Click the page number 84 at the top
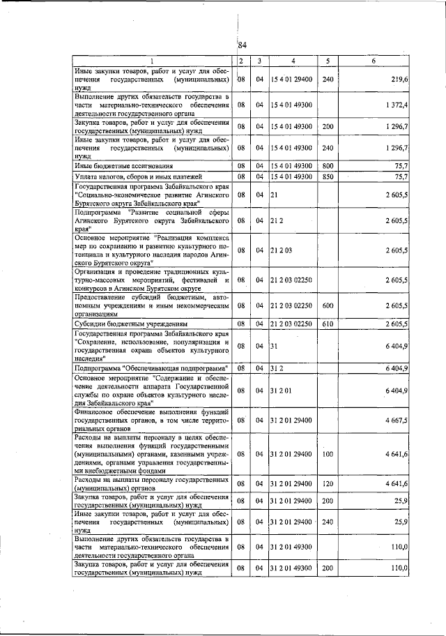[x=243, y=45]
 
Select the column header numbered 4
[x=293, y=61]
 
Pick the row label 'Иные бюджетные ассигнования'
[x=114, y=166]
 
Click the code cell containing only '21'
[x=275, y=195]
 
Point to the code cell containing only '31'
[x=275, y=345]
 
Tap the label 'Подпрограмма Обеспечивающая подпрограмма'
[x=151, y=367]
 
